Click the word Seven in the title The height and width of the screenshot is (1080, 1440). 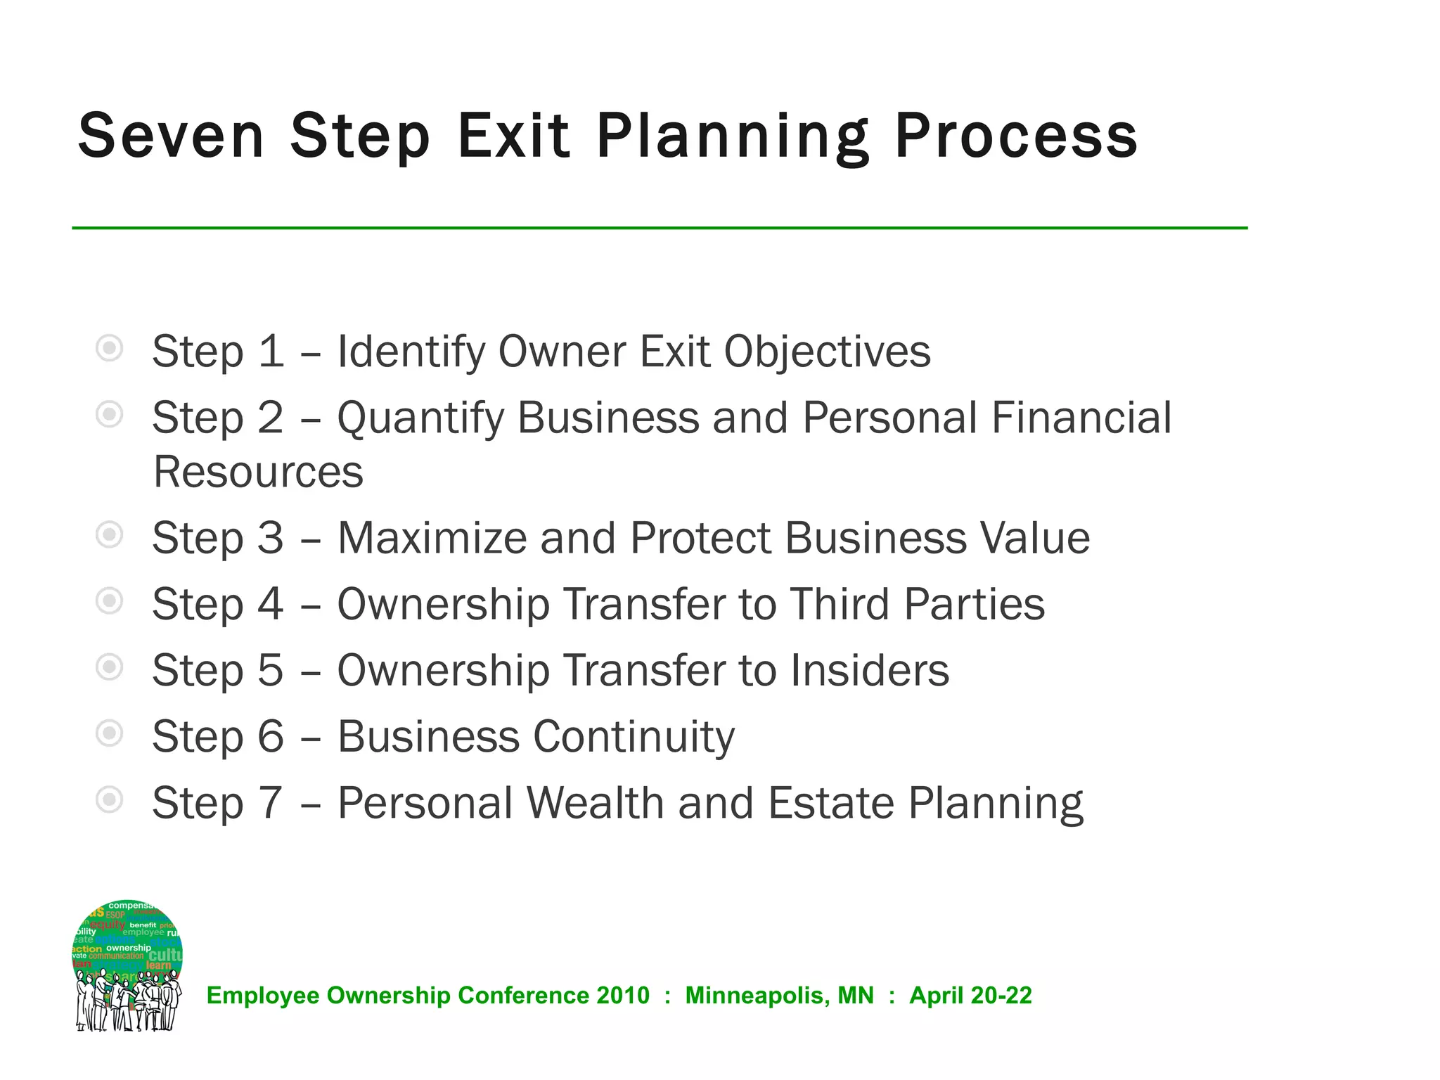(x=171, y=136)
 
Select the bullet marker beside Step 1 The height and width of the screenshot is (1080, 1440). (x=110, y=348)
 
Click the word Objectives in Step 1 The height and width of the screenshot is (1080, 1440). (x=827, y=352)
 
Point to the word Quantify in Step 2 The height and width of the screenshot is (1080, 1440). (x=420, y=419)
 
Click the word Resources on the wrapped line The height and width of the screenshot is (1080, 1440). (x=258, y=472)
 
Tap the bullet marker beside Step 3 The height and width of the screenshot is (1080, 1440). (x=110, y=535)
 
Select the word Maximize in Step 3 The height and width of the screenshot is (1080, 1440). (x=432, y=539)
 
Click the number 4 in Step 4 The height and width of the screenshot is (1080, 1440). (x=270, y=605)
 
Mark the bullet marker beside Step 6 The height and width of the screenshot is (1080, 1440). (x=110, y=733)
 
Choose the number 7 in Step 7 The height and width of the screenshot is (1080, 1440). (x=270, y=803)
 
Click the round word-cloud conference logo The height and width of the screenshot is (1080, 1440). (x=127, y=965)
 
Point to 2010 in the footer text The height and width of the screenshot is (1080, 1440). (x=622, y=996)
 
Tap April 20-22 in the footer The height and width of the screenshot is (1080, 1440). (x=970, y=996)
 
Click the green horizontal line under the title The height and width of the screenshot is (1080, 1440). (x=660, y=228)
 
